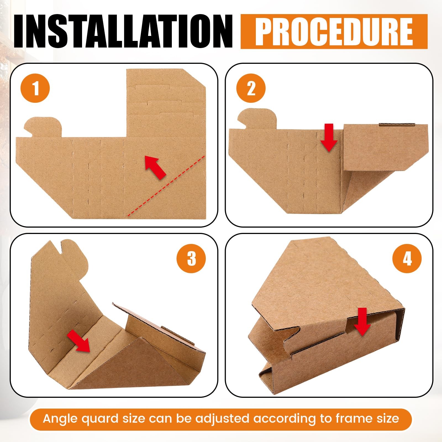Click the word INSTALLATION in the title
click(123, 31)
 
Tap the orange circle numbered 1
click(35, 88)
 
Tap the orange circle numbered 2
click(251, 88)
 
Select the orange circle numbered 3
click(191, 259)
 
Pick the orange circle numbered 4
click(407, 259)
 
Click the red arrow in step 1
click(155, 167)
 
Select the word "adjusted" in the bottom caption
click(223, 419)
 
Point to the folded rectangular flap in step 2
click(385, 147)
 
